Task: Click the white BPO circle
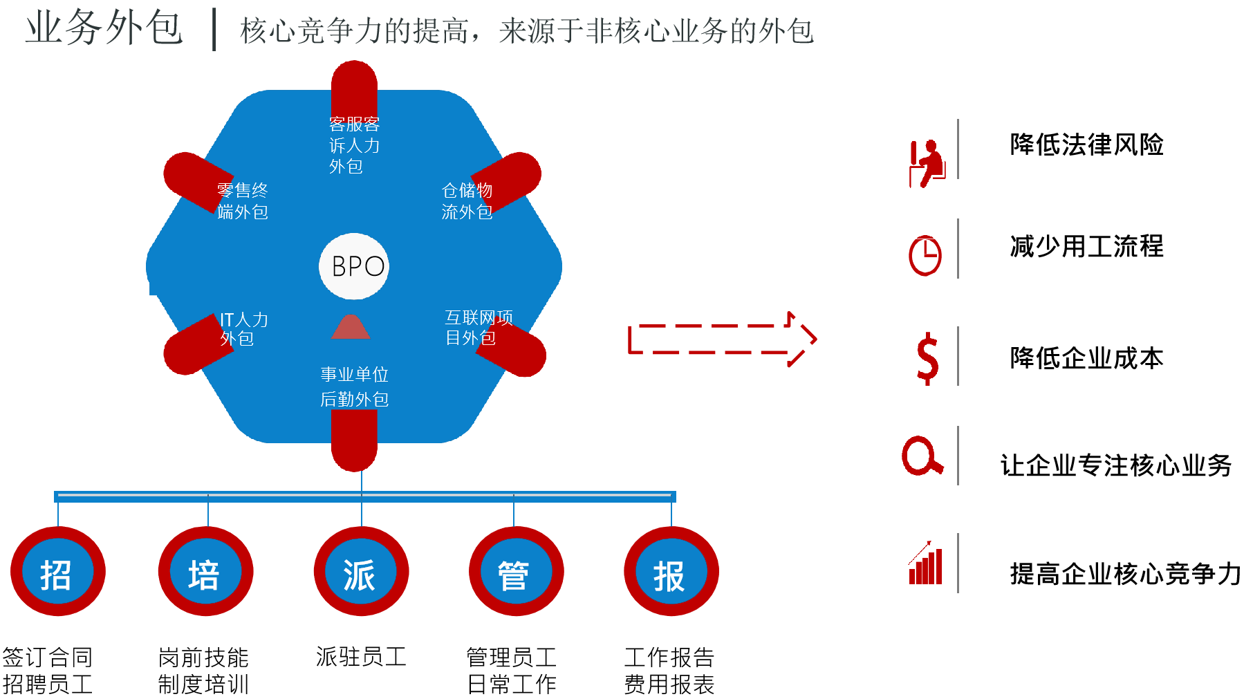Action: click(x=354, y=266)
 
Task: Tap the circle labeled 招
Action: click(x=58, y=572)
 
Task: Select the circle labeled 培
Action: click(x=206, y=572)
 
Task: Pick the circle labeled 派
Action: click(x=361, y=572)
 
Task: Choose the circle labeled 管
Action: click(x=516, y=572)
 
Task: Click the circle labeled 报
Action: click(x=671, y=572)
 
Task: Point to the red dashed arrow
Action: click(x=722, y=339)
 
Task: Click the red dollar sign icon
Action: click(x=927, y=358)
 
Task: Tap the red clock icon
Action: click(x=925, y=256)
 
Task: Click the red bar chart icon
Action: click(x=925, y=563)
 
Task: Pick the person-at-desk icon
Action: click(x=927, y=164)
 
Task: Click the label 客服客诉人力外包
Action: click(x=354, y=145)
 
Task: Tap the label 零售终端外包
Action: click(x=242, y=201)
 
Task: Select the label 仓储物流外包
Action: click(x=467, y=201)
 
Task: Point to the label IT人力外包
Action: click(x=243, y=329)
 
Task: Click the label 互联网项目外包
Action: click(x=479, y=328)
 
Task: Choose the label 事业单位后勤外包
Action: click(x=354, y=387)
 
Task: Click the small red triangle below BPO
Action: click(x=351, y=327)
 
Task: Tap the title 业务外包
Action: click(x=104, y=29)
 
